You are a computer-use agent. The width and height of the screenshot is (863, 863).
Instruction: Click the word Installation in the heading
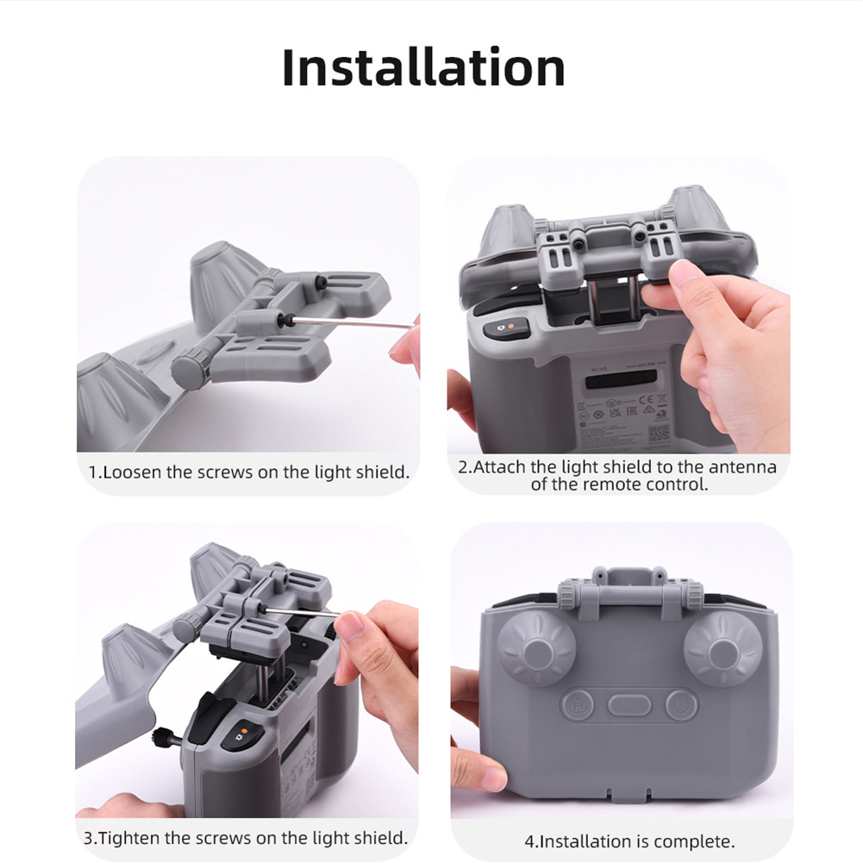coord(423,68)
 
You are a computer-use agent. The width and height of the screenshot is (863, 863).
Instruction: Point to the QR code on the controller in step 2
coord(658,433)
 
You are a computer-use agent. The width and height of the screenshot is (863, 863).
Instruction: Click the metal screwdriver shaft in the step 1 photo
coord(353,322)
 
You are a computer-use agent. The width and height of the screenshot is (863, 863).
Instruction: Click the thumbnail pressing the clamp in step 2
coord(687,275)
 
